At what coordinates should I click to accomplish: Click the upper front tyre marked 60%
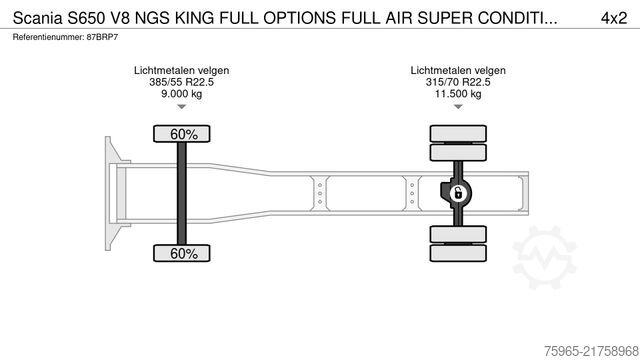(x=181, y=134)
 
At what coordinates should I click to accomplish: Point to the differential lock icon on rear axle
(x=457, y=193)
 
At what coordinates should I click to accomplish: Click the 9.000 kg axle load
(x=181, y=94)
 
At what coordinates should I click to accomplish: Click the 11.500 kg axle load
(x=457, y=94)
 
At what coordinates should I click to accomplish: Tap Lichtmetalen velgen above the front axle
(x=181, y=70)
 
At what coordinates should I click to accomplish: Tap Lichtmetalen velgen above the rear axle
(x=457, y=70)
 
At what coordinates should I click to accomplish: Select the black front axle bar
(x=181, y=193)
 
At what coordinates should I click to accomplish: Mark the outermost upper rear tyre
(x=457, y=133)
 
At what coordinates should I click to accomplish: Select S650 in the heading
(x=87, y=17)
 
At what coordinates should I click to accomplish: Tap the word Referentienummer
(x=43, y=37)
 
